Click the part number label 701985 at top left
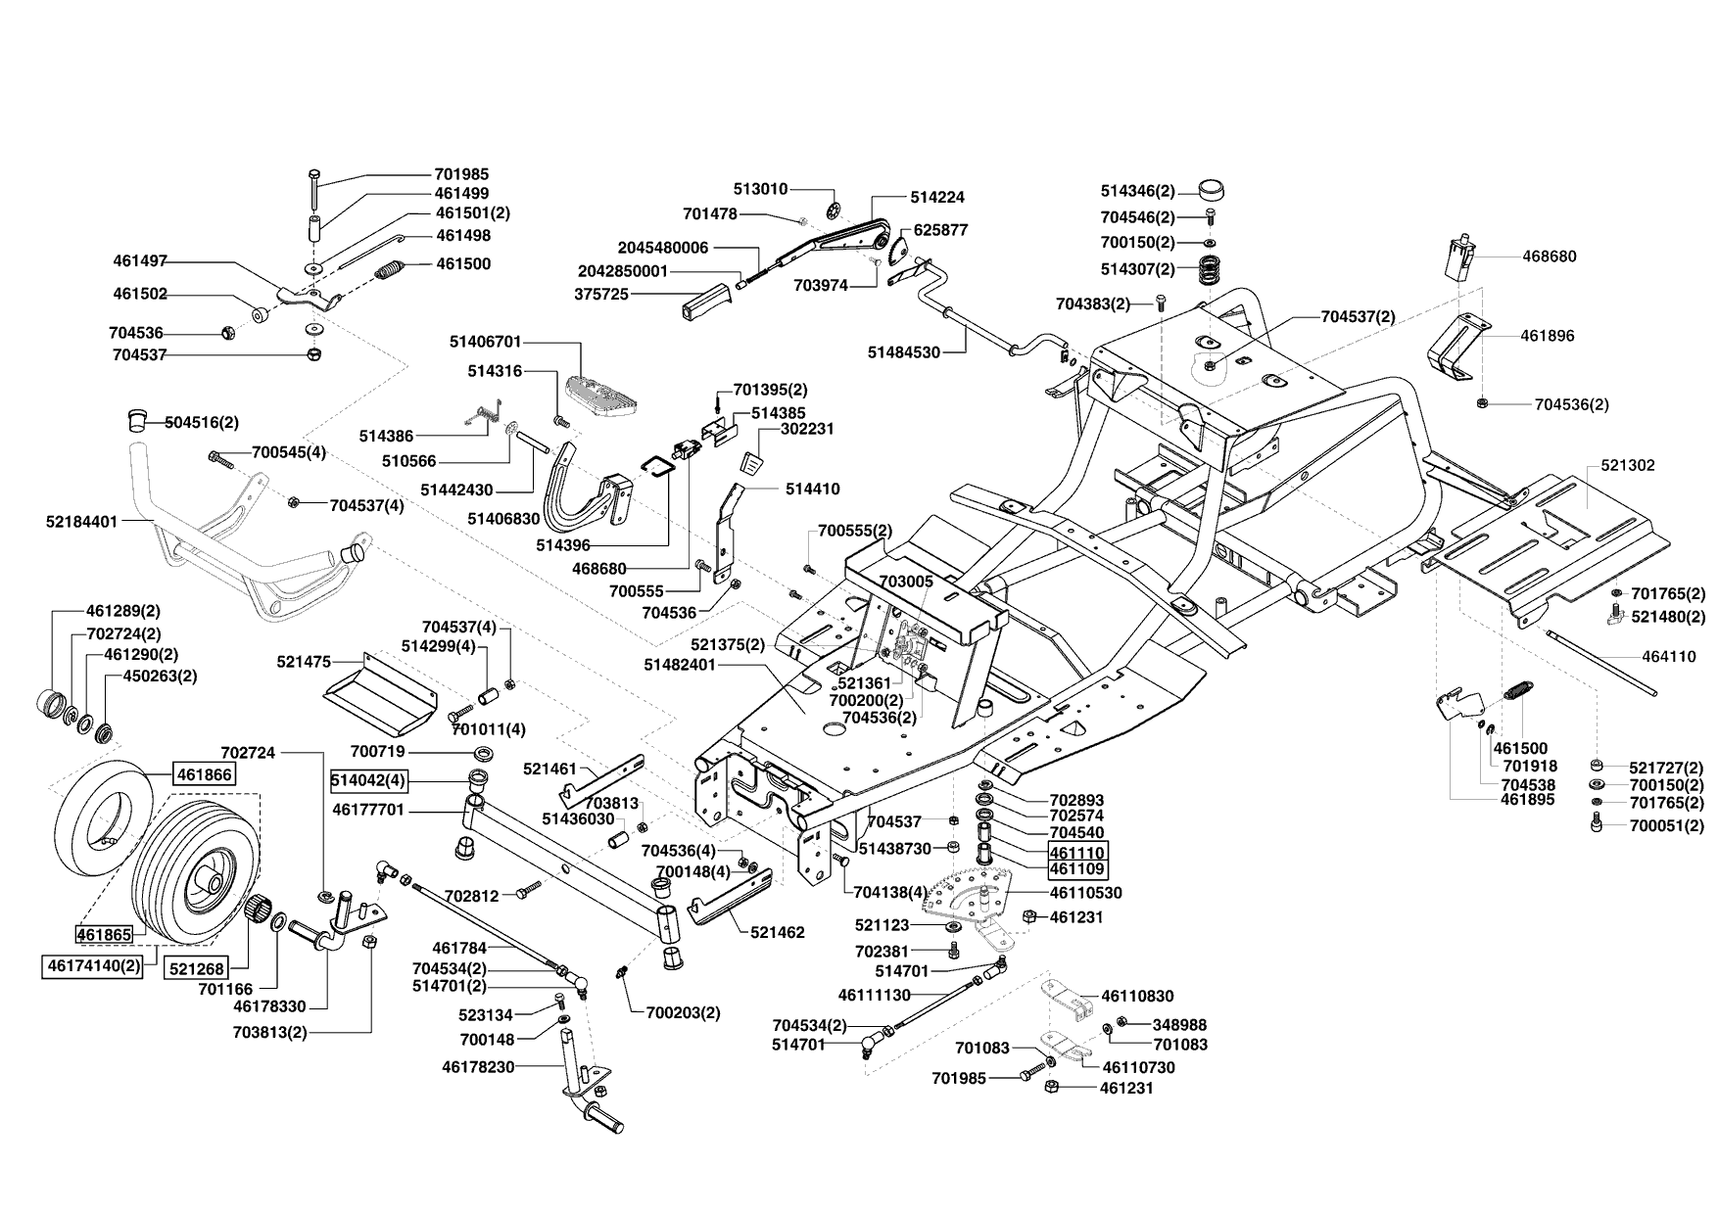pyautogui.click(x=461, y=174)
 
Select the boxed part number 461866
pyautogui.click(x=205, y=774)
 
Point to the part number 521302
pyautogui.click(x=1628, y=465)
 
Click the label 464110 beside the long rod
pyautogui.click(x=1669, y=657)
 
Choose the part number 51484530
pyautogui.click(x=904, y=352)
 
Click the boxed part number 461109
pyautogui.click(x=1077, y=868)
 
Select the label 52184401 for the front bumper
pyautogui.click(x=81, y=522)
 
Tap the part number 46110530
pyautogui.click(x=1085, y=893)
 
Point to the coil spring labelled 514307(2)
pyautogui.click(x=1212, y=269)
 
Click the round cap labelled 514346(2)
pyautogui.click(x=1213, y=190)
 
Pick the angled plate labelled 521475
pyautogui.click(x=379, y=692)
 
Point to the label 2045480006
pyautogui.click(x=663, y=248)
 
